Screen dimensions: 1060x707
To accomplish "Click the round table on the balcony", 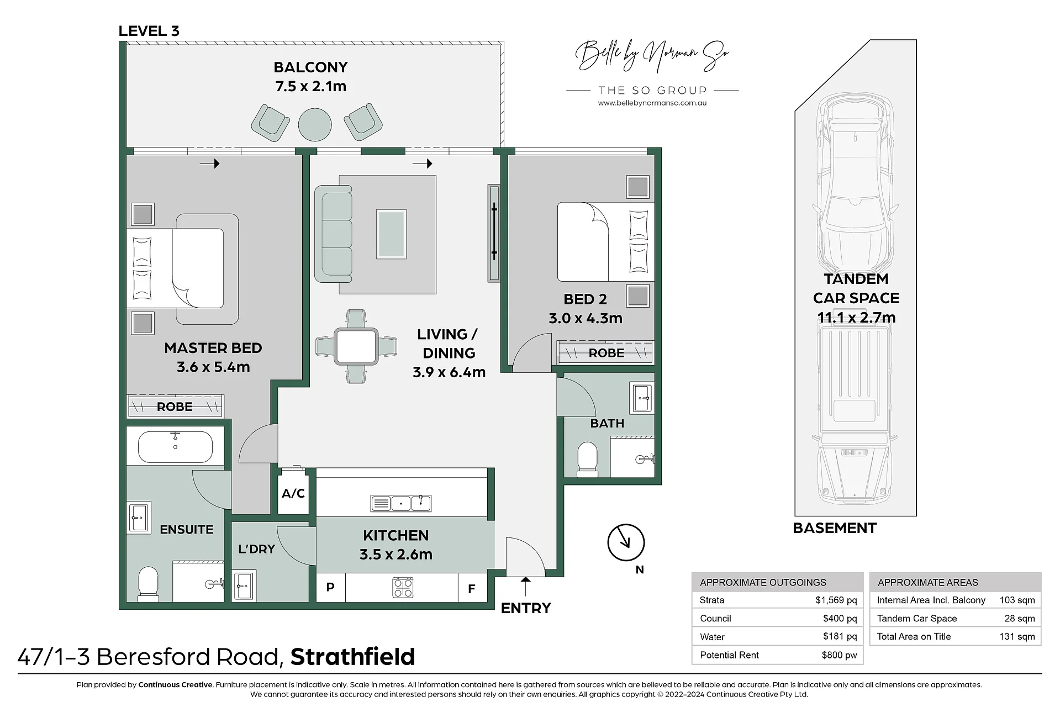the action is (315, 124).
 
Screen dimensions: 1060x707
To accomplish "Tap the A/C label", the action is (293, 493).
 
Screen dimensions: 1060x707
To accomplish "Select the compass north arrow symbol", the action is (626, 542).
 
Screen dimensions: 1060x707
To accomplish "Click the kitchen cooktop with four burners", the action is (403, 588).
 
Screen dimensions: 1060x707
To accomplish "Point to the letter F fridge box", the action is (472, 589).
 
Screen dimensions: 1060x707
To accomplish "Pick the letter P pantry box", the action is (330, 587).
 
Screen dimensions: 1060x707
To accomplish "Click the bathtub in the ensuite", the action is (175, 446).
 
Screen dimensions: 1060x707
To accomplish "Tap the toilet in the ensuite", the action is (148, 584).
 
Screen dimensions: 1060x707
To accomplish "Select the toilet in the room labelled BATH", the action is (587, 460).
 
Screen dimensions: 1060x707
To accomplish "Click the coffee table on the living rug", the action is (391, 234).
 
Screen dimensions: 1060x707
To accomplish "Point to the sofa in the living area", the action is (333, 234).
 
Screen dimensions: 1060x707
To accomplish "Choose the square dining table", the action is (356, 346).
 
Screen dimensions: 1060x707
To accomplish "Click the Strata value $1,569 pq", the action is (836, 600).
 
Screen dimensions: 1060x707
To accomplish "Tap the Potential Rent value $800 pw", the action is (839, 655).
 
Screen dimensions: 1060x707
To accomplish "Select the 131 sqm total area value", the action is (1017, 636).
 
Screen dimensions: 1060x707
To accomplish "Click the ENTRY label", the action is (526, 608).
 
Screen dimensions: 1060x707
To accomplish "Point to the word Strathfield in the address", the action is (352, 657).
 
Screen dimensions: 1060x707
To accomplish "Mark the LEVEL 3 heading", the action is (149, 31).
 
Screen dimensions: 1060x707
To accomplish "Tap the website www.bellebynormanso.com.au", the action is (652, 103).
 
